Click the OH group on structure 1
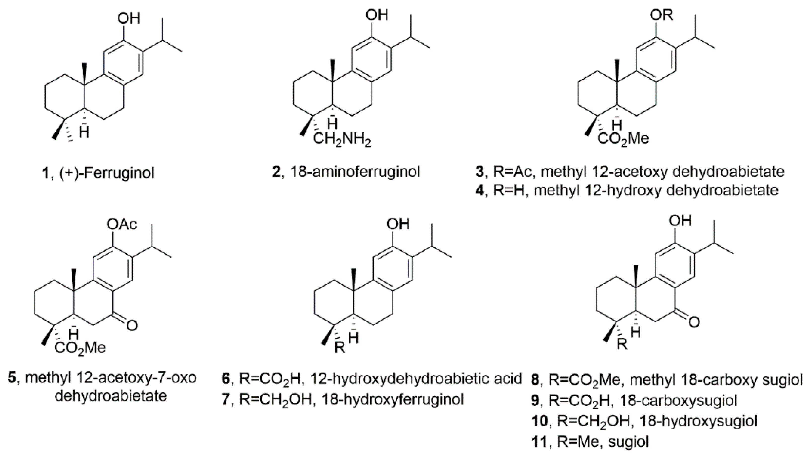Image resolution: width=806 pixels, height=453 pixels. tap(128, 19)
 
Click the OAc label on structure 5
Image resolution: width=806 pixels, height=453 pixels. tap(122, 224)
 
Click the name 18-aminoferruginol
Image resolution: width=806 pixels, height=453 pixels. tap(355, 172)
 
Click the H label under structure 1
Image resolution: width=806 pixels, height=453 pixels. tap(84, 133)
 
